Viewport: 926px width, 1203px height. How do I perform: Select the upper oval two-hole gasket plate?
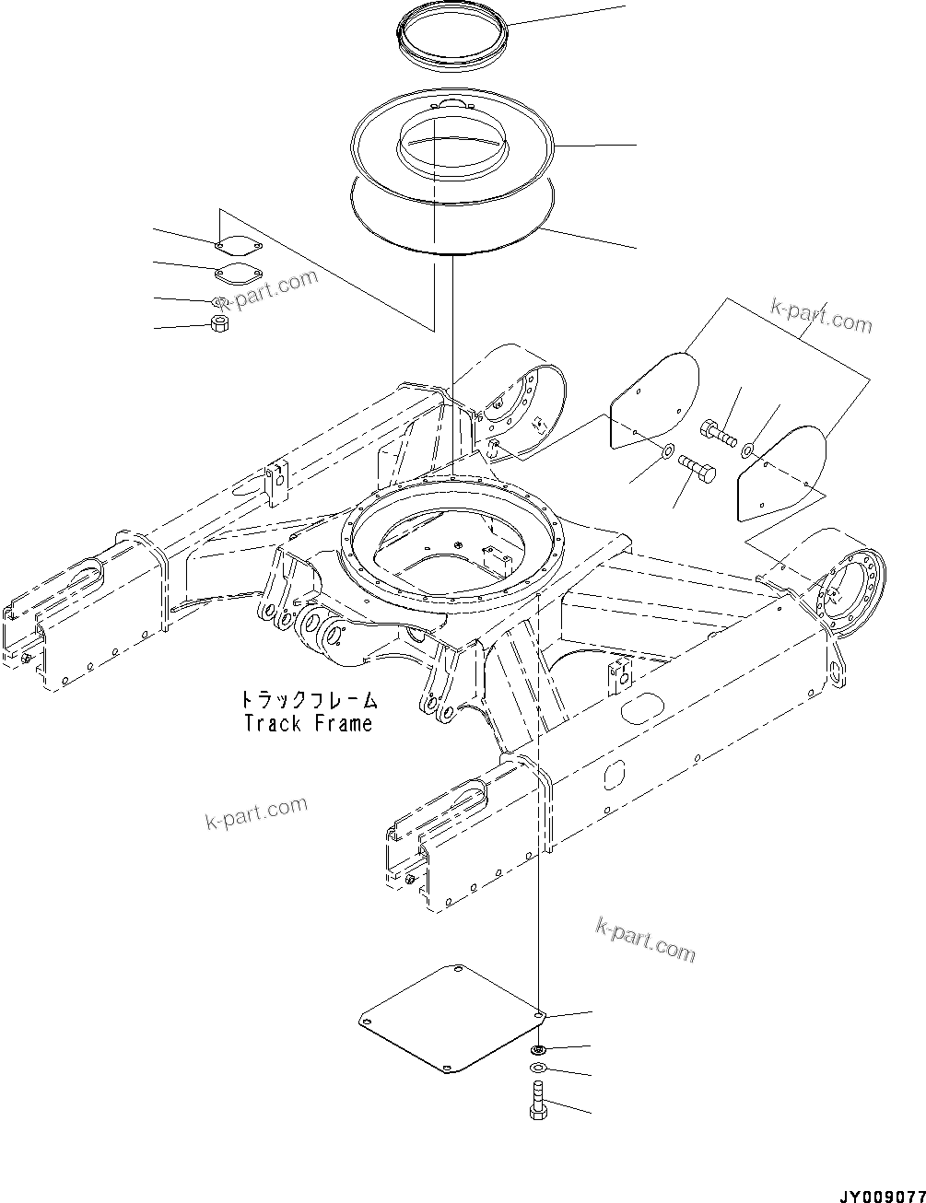(238, 248)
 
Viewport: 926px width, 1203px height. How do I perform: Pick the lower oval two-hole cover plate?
(237, 274)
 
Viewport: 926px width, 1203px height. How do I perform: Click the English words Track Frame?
(308, 724)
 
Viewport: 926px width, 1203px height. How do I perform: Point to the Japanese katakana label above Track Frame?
(308, 701)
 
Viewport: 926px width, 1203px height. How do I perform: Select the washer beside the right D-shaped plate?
(747, 450)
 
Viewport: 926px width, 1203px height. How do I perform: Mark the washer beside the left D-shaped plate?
(665, 453)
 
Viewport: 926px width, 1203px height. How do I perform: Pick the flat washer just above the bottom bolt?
(537, 1068)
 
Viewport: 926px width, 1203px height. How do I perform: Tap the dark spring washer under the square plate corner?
(537, 1049)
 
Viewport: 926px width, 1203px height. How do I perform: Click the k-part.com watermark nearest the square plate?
(645, 939)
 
